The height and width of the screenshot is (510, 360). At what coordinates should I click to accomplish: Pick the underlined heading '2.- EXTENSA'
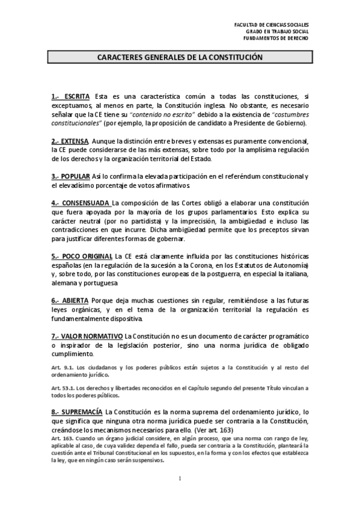pyautogui.click(x=70, y=141)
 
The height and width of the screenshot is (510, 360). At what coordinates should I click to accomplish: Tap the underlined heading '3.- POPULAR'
pyautogui.click(x=70, y=176)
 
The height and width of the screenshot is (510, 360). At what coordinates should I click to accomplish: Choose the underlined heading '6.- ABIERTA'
pyautogui.click(x=70, y=300)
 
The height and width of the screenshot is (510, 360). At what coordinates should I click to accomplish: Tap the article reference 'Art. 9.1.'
pyautogui.click(x=62, y=366)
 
